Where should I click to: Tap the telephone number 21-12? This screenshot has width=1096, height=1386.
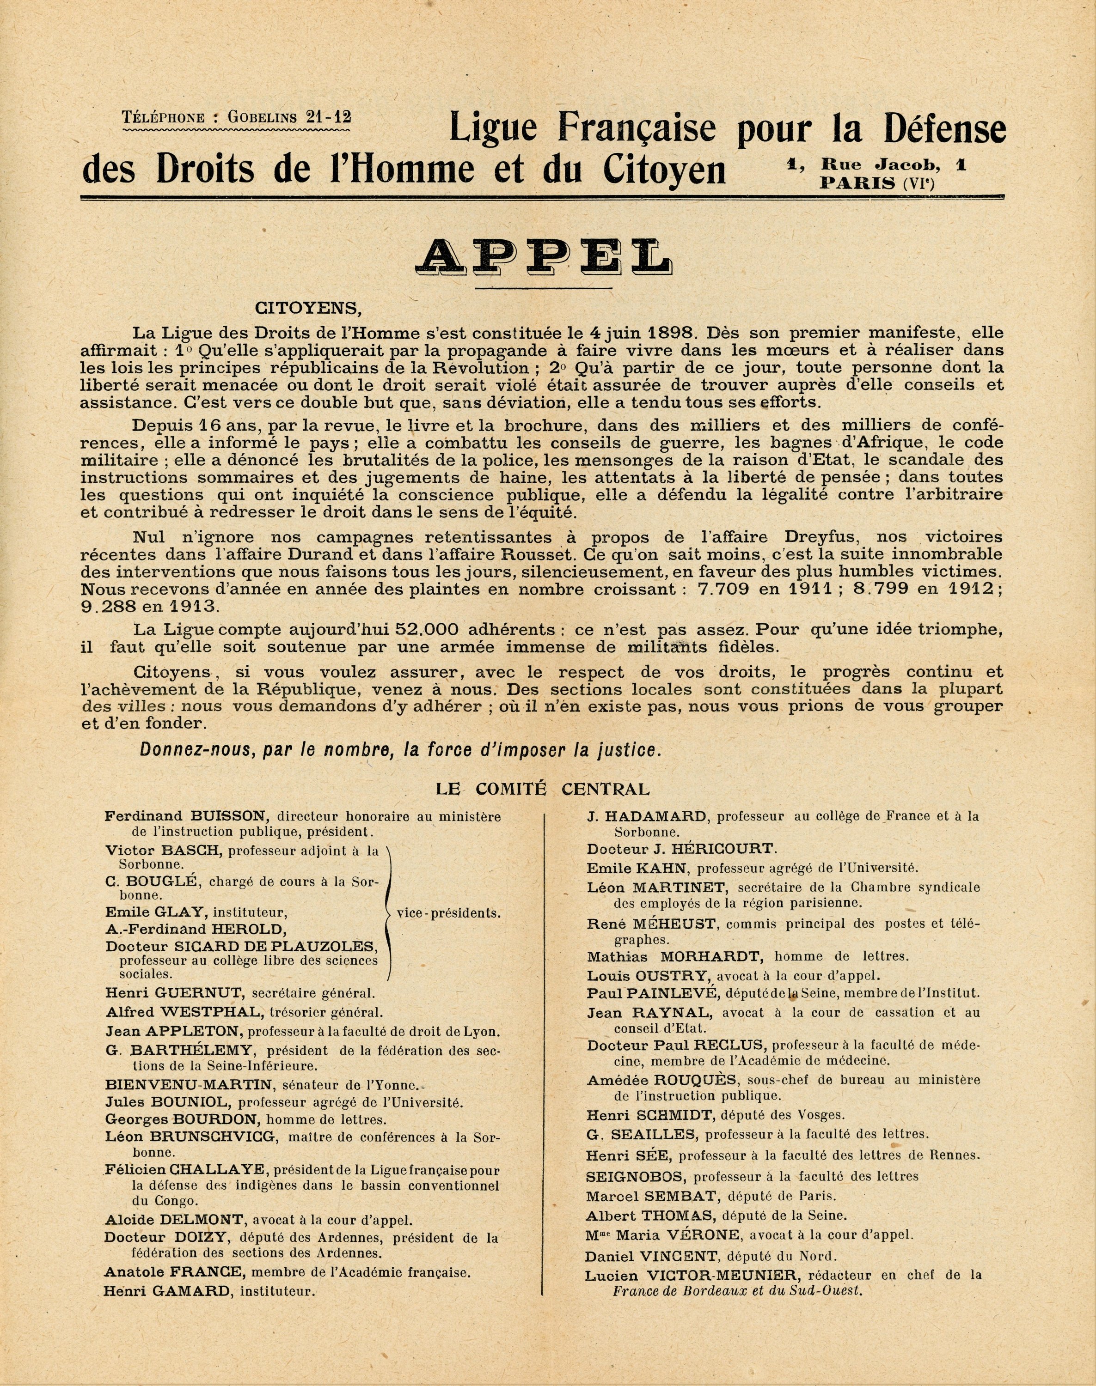tap(329, 117)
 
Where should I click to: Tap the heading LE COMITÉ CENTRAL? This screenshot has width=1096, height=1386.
tap(542, 790)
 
